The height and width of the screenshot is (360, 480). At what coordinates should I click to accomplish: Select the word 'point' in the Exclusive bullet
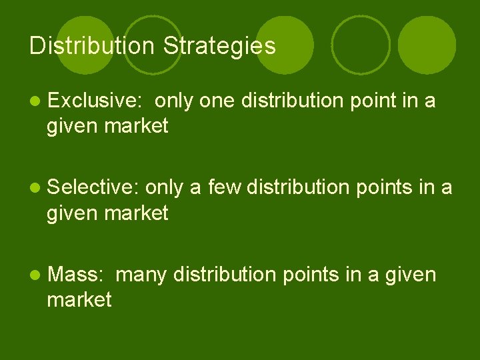385,101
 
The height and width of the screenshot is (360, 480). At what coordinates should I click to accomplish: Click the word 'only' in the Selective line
163,189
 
